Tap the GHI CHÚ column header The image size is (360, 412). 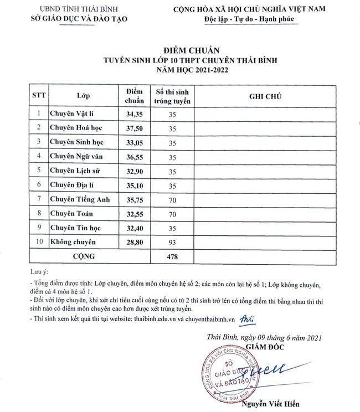(x=266, y=96)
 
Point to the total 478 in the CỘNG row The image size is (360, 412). (x=172, y=256)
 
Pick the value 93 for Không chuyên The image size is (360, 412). (x=172, y=242)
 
